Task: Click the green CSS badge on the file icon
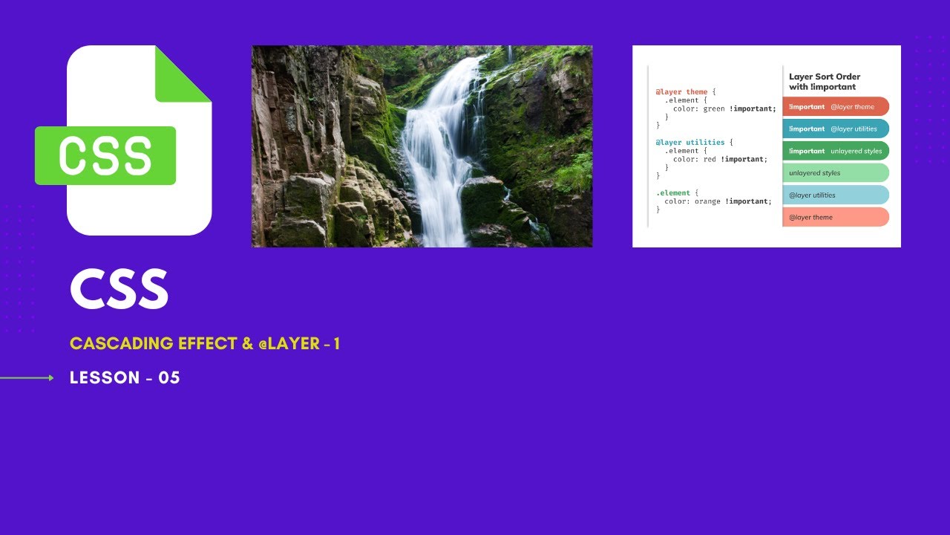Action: point(105,155)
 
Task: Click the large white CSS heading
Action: point(119,289)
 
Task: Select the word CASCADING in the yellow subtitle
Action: point(121,343)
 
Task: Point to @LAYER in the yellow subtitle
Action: point(289,343)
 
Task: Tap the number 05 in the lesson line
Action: point(169,377)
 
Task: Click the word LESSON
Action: point(105,377)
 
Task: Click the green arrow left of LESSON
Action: point(27,378)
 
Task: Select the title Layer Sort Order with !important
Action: point(825,82)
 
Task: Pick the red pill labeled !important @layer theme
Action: point(836,106)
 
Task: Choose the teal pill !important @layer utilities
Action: point(836,129)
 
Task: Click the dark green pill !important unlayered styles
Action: point(836,151)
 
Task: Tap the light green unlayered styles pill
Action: point(836,173)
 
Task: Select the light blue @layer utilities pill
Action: point(836,195)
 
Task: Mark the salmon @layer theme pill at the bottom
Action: point(836,217)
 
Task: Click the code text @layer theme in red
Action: point(681,91)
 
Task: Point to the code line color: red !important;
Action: point(721,159)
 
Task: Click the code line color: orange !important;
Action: point(718,201)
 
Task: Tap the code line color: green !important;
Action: point(725,108)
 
